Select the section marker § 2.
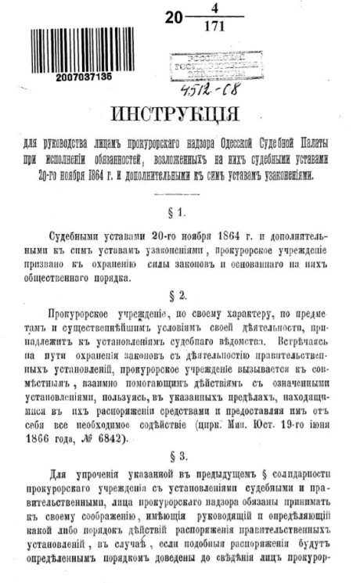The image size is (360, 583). (180, 299)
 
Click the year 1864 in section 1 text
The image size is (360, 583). (216, 236)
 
